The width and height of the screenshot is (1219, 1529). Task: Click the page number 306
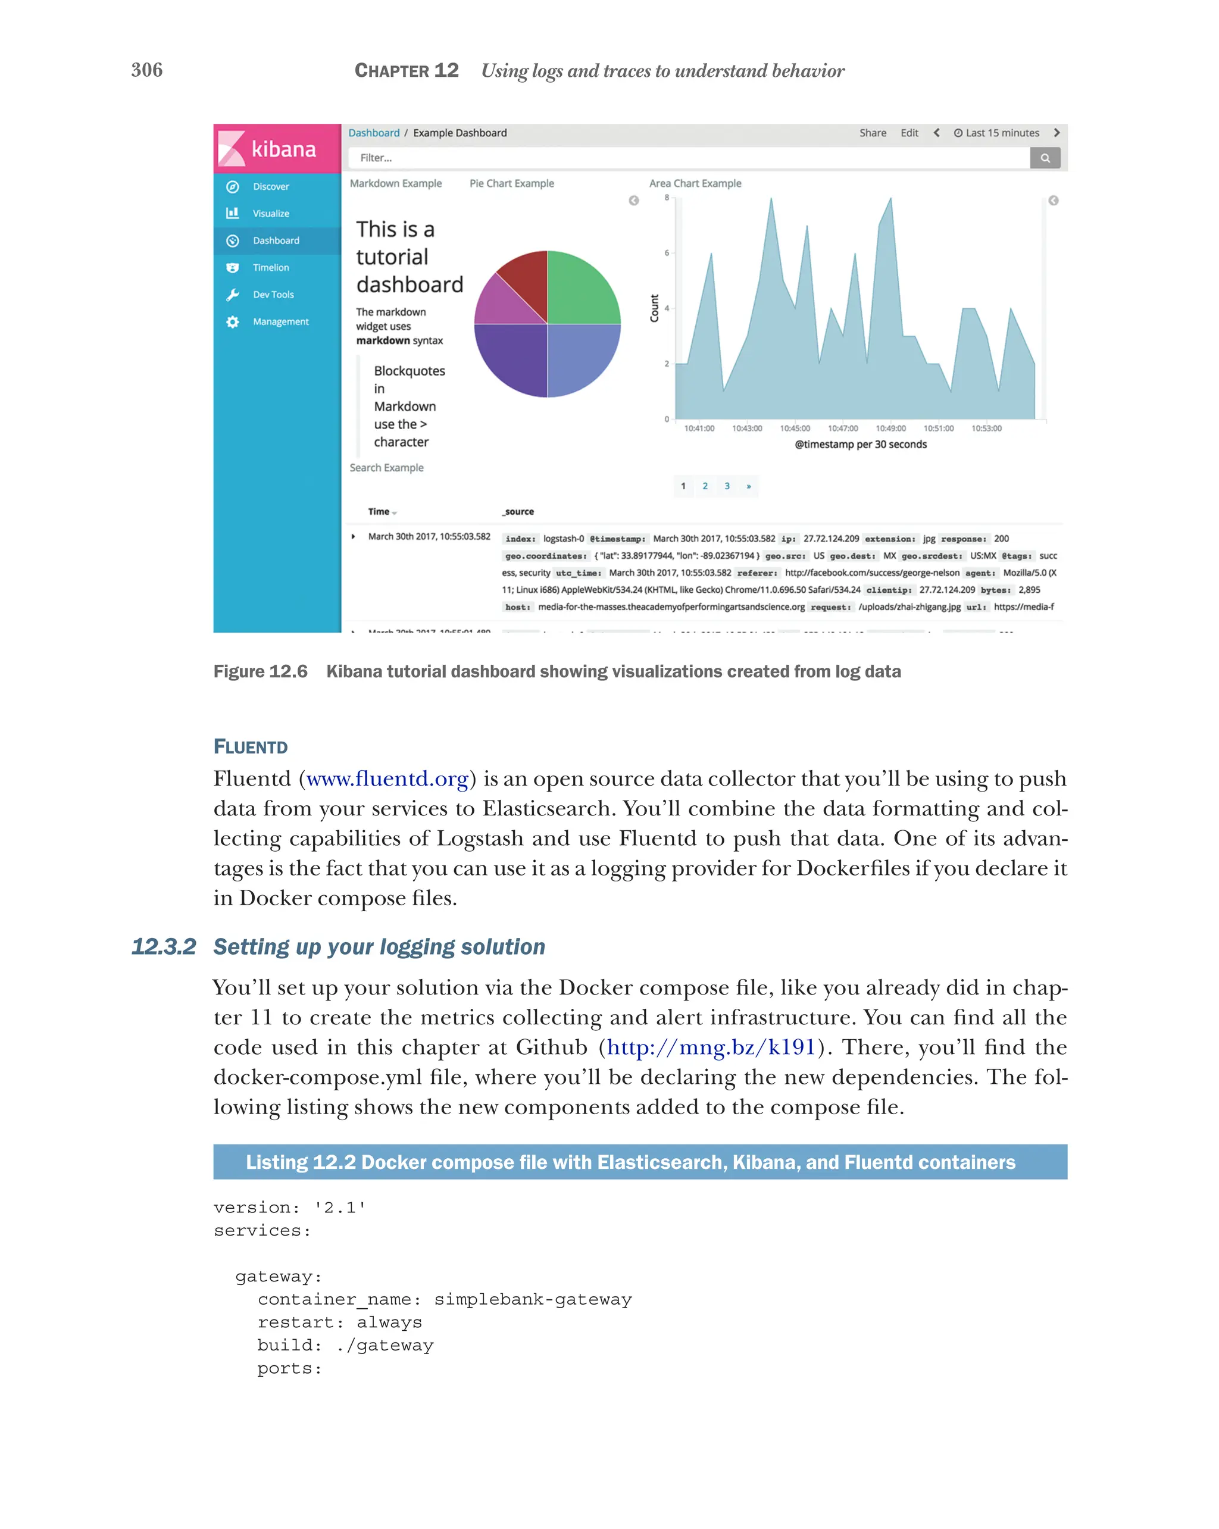click(x=147, y=70)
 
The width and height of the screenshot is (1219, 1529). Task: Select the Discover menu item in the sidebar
click(x=270, y=186)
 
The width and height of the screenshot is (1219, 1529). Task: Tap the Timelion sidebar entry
click(x=270, y=267)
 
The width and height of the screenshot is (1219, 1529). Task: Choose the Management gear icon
click(x=232, y=322)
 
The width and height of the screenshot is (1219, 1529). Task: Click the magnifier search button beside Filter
click(x=1044, y=158)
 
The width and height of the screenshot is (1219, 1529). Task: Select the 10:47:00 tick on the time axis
click(x=842, y=429)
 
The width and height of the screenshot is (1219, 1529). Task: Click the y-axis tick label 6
click(x=666, y=252)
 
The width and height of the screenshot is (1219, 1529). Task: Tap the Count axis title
click(x=654, y=308)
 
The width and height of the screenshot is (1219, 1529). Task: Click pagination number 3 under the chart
click(x=726, y=486)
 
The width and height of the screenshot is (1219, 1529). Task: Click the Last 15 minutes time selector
click(x=996, y=133)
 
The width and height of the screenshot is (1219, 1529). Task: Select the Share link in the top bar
click(x=872, y=133)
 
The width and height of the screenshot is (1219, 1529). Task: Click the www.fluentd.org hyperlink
click(x=387, y=778)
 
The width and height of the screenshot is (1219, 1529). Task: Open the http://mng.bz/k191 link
click(x=711, y=1048)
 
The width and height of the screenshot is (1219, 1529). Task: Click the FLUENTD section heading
click(x=251, y=747)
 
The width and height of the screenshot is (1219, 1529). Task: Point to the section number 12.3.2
click(x=163, y=947)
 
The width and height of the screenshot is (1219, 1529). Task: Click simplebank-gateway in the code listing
click(x=532, y=1299)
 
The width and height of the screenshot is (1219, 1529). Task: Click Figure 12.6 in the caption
click(x=260, y=671)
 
